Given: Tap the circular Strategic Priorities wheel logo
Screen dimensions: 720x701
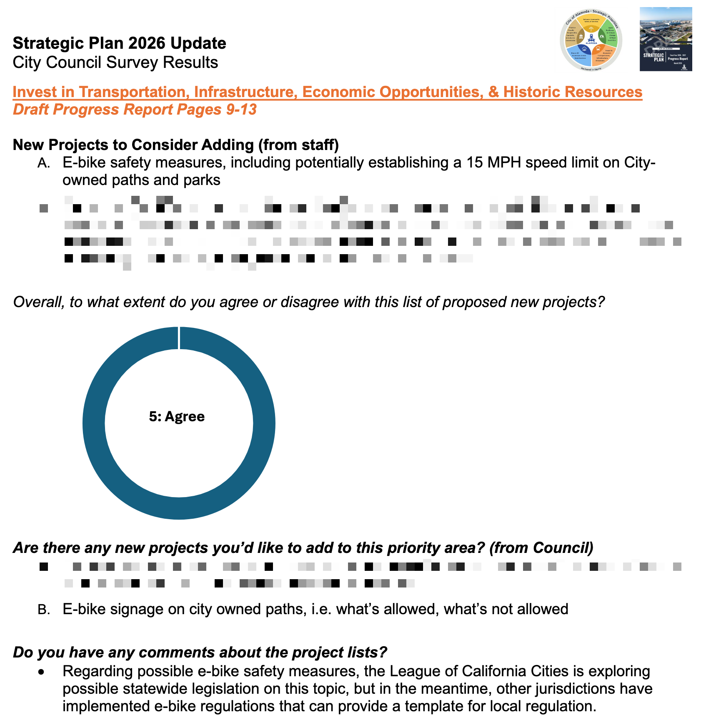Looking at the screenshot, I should [591, 40].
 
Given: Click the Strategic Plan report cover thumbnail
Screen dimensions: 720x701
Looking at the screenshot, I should [666, 39].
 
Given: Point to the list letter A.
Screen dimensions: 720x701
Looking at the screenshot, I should [43, 163].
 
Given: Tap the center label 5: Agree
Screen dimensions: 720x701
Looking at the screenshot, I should [177, 417].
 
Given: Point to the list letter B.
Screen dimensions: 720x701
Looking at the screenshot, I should [43, 610].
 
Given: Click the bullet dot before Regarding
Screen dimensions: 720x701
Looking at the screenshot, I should [40, 672].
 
